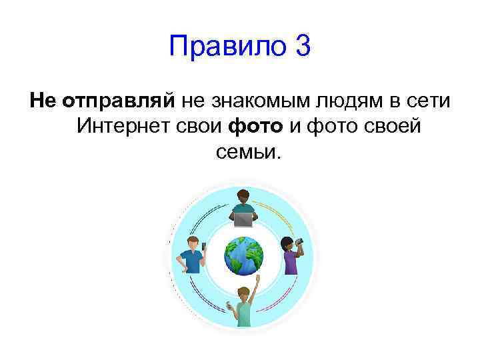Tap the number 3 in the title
coord(301,47)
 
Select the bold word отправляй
coord(118,101)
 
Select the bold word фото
coord(252,126)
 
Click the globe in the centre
coord(243,254)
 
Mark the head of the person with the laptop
coord(242,198)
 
